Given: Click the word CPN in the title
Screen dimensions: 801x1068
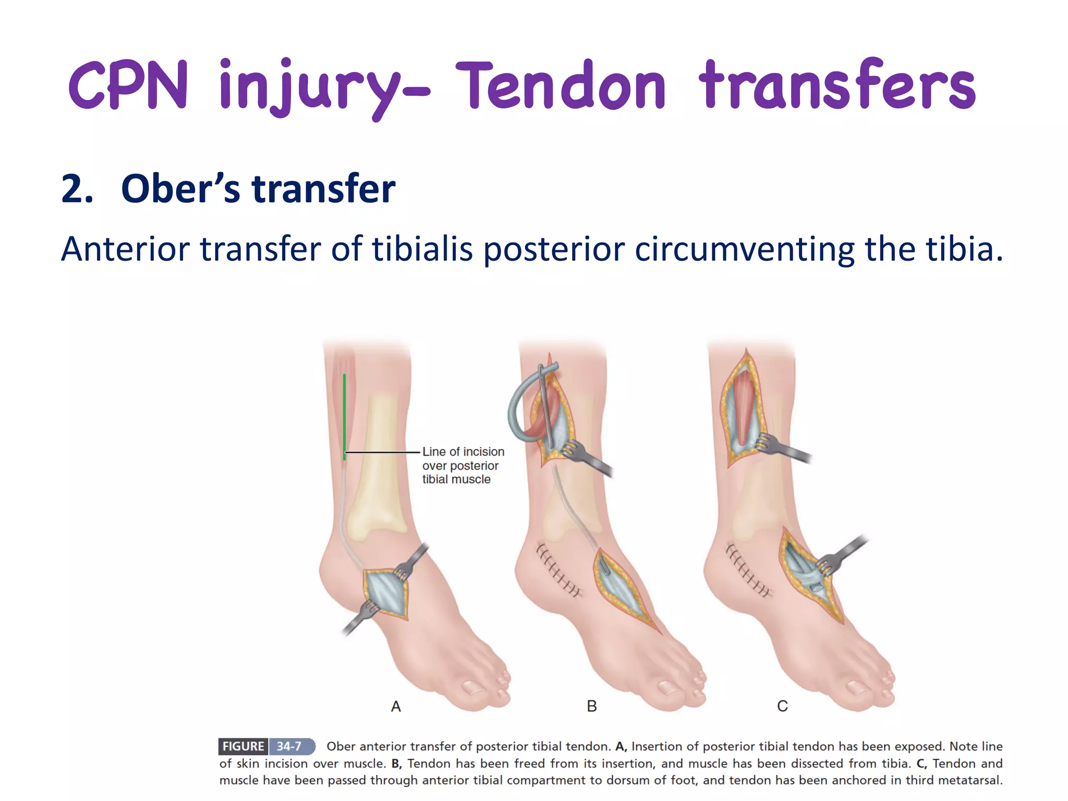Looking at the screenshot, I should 128,84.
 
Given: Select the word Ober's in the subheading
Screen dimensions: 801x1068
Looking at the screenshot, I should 180,189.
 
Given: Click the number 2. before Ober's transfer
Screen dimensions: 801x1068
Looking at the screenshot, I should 77,189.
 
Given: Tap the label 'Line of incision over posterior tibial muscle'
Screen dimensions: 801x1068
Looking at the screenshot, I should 462,465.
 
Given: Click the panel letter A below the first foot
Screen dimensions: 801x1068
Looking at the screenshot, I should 396,707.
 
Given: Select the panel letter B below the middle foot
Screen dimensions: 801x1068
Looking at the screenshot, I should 591,706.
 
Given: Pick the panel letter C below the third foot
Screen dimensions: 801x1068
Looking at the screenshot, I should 782,706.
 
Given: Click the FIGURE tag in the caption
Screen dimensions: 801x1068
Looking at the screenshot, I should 243,746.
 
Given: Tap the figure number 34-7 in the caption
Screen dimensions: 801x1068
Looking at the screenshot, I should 289,746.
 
